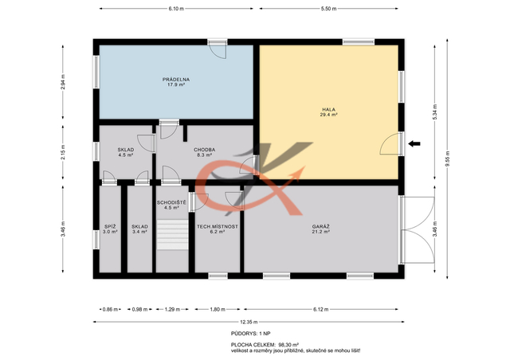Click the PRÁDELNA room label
[176, 80]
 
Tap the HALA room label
[328, 110]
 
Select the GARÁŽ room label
[321, 227]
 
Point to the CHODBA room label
[204, 150]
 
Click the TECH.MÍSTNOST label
[218, 227]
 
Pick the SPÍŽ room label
[110, 227]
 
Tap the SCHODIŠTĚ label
[171, 202]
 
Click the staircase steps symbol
[172, 235]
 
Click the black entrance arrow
[414, 143]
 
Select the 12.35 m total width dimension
[249, 322]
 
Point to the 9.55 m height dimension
[447, 159]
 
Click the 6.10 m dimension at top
[176, 9]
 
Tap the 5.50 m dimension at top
[328, 9]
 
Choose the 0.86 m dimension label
[110, 309]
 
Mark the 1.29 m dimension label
[172, 309]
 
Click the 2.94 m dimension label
[63, 82]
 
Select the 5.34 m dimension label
[435, 112]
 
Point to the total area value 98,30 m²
[288, 345]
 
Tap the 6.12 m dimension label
[320, 309]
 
